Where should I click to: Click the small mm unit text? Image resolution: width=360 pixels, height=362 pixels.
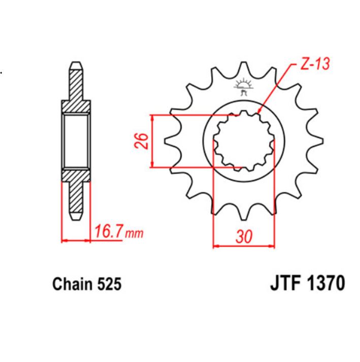134,234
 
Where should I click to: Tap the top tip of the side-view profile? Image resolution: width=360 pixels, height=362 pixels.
76,63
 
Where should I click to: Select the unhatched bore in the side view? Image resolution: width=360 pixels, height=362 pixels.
76,141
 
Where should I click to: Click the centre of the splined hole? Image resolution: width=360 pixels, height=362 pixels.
243,141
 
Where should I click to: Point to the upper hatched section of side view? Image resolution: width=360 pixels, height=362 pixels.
76,91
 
